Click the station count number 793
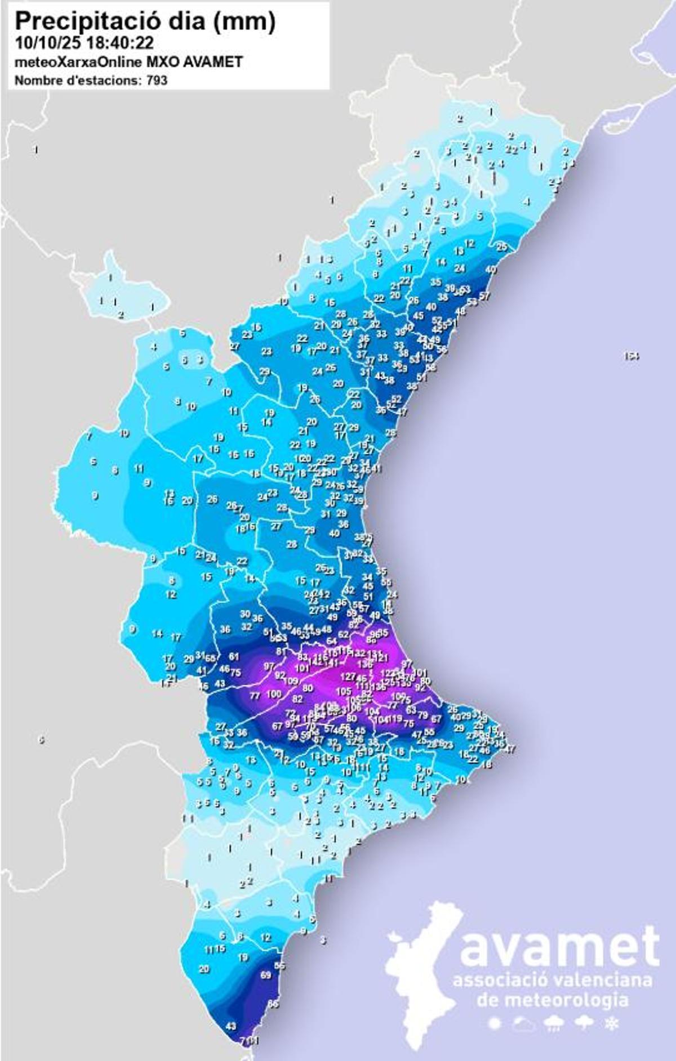tap(157, 80)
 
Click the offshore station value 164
tap(631, 356)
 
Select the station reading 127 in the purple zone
tap(348, 677)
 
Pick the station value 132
tap(359, 653)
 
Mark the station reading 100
tap(273, 694)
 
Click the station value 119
tap(395, 718)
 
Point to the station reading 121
tap(381, 658)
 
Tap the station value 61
tap(234, 656)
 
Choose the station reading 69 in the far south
tap(266, 975)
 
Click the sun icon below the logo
tap(496, 1023)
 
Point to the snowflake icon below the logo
tap(610, 1023)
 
